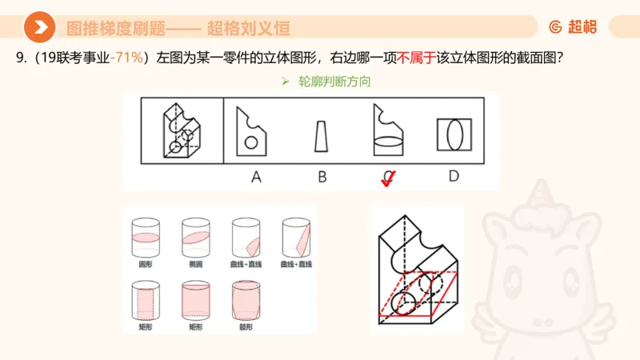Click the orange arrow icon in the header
[x=39, y=28]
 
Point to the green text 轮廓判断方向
[x=334, y=82]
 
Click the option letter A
[x=256, y=177]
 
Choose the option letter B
[x=322, y=177]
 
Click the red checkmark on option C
[x=388, y=180]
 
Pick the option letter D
[x=453, y=176]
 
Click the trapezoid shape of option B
[x=321, y=136]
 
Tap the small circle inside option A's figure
[x=250, y=143]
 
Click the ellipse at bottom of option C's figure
[x=388, y=146]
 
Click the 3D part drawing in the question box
[x=182, y=131]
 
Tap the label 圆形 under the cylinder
[x=146, y=263]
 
